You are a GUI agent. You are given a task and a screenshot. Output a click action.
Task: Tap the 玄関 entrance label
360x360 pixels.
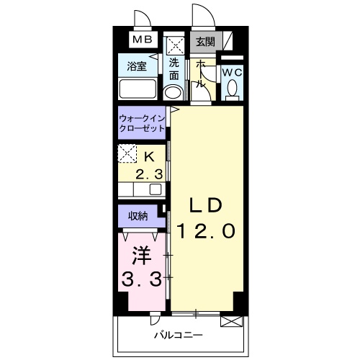[x=205, y=42]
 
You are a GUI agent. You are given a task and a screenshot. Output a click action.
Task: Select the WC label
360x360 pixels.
[x=231, y=73]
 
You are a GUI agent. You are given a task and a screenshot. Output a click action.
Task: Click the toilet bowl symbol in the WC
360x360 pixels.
[x=232, y=89]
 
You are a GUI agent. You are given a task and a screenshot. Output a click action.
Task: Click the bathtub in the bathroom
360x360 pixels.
[x=138, y=91]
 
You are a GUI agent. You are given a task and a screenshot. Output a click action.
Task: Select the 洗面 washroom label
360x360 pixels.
[x=174, y=68]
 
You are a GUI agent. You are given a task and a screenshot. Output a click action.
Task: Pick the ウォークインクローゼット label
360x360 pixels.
[x=142, y=122]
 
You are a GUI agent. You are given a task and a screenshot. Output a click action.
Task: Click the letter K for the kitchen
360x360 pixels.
[x=149, y=156]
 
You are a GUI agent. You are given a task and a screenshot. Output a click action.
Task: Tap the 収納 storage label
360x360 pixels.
[x=139, y=215]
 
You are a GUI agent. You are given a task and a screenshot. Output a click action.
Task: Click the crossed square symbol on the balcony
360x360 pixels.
[x=230, y=321]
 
